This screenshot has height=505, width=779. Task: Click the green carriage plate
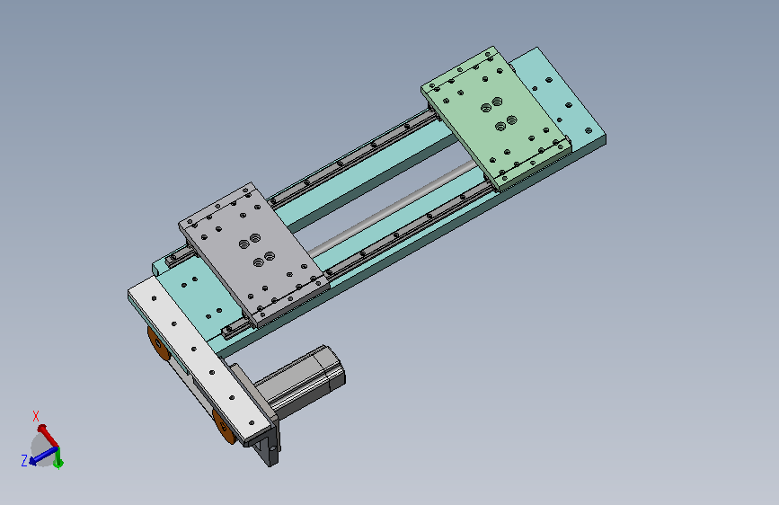point(496,119)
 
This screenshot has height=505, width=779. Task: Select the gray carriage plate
point(253,253)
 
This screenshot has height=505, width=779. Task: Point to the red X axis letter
point(36,416)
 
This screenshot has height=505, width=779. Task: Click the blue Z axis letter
point(24,461)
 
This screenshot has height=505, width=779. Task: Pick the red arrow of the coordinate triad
point(48,436)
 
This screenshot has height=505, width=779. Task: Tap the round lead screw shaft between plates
point(393,208)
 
